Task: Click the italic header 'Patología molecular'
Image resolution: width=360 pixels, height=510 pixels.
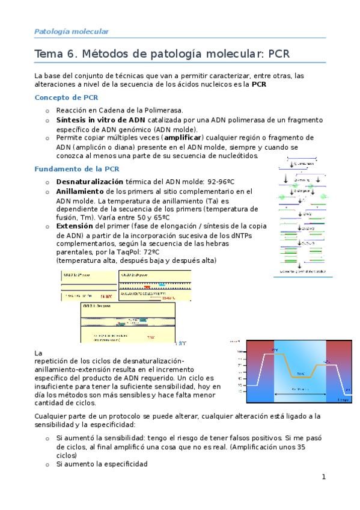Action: (x=71, y=31)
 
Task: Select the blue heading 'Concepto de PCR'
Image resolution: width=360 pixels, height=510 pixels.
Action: (x=67, y=97)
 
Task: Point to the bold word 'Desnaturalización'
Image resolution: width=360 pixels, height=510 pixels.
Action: (x=90, y=181)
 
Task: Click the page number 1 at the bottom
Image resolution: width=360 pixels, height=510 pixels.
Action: (x=323, y=477)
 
